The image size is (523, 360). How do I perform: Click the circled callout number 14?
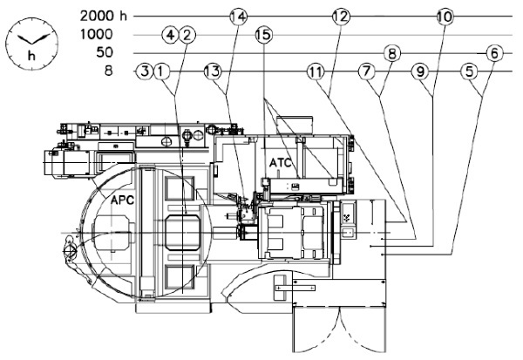(239, 17)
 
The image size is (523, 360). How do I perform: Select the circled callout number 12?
(341, 17)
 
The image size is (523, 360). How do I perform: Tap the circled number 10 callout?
(445, 17)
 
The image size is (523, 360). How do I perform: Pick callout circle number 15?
(264, 35)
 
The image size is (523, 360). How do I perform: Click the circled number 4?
(170, 35)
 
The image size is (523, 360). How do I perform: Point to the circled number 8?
(392, 53)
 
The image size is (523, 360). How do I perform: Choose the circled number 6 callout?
(494, 53)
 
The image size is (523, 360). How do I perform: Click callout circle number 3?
(145, 71)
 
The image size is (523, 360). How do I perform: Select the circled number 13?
(213, 71)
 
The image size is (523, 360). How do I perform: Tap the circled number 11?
(316, 71)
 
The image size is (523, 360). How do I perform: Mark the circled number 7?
(367, 71)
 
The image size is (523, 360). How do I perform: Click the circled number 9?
(420, 71)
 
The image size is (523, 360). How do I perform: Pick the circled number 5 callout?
(469, 71)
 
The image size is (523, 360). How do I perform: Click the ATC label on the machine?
(280, 163)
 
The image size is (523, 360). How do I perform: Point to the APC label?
(122, 200)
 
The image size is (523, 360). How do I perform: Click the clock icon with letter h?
(31, 44)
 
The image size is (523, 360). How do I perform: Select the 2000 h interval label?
(104, 16)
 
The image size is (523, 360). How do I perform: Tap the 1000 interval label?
(97, 34)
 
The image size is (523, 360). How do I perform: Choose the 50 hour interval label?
(105, 52)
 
